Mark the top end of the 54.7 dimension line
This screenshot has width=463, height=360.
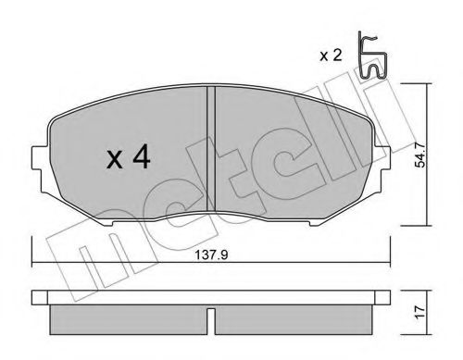425,84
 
